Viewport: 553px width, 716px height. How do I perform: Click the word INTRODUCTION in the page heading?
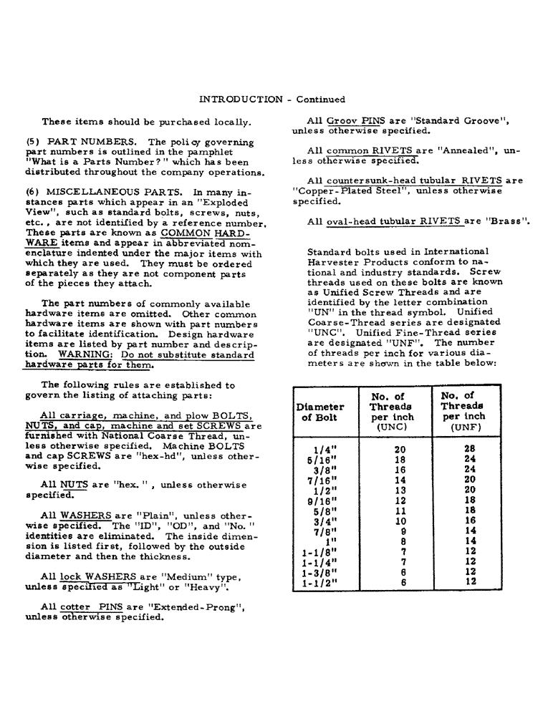point(241,100)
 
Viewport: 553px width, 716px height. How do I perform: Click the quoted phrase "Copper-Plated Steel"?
point(343,191)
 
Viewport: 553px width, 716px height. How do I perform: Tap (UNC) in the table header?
point(391,427)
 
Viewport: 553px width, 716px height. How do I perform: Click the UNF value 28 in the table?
point(470,450)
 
